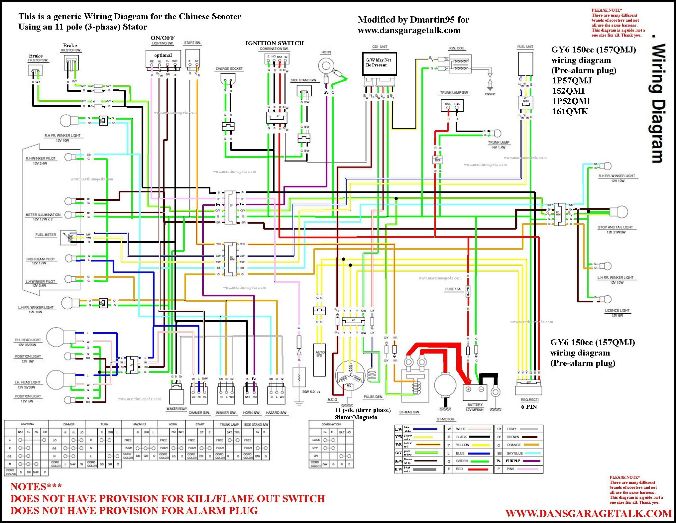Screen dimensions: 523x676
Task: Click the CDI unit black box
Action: [379, 63]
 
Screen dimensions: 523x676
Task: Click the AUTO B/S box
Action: [320, 359]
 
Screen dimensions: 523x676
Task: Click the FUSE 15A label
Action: [453, 289]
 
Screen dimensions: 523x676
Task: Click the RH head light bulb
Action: [57, 337]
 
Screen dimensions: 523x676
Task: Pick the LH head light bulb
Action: [56, 380]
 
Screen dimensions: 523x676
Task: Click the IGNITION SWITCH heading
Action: [274, 43]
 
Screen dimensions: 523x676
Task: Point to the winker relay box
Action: [176, 395]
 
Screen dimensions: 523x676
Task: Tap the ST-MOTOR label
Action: [445, 419]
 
